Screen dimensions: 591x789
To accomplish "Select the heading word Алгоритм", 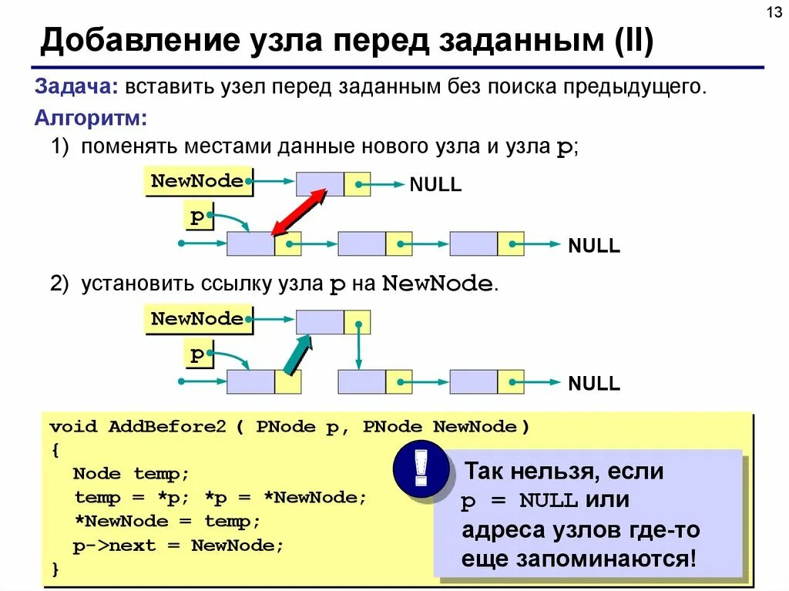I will pyautogui.click(x=91, y=118).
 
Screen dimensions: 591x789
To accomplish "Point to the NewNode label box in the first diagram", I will pyautogui.click(x=198, y=182).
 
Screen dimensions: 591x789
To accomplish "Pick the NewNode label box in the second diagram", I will pyautogui.click(x=198, y=319).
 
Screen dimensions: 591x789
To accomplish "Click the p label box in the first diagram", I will pyautogui.click(x=198, y=217).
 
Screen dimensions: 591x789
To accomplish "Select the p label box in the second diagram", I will pyautogui.click(x=198, y=355).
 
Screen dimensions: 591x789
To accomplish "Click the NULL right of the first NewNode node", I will pyautogui.click(x=435, y=185).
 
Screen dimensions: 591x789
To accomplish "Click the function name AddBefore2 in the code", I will pyautogui.click(x=167, y=427).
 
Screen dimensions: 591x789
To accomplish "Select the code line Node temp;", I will pyautogui.click(x=131, y=473).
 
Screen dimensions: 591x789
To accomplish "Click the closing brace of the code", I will pyautogui.click(x=55, y=569).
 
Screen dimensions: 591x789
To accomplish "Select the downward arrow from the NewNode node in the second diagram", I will pyautogui.click(x=358, y=345).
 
